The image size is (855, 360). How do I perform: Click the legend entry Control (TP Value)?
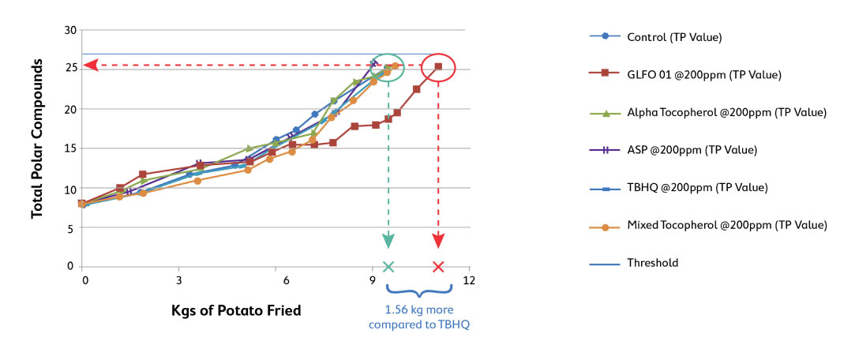pyautogui.click(x=674, y=36)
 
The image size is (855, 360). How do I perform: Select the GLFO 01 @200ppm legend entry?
pyautogui.click(x=703, y=74)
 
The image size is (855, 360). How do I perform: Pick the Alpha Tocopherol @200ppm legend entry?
pyautogui.click(x=726, y=112)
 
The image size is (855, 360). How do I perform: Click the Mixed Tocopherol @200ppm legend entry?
pyautogui.click(x=726, y=225)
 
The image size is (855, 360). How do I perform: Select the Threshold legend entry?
pyautogui.click(x=652, y=263)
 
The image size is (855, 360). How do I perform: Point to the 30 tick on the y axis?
pyautogui.click(x=70, y=31)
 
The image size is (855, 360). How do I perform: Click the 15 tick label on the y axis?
pyautogui.click(x=70, y=148)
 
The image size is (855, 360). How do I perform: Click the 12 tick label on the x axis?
pyautogui.click(x=469, y=279)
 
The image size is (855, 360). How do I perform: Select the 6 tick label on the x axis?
pyautogui.click(x=276, y=279)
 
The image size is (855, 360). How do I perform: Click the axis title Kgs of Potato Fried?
pyautogui.click(x=236, y=310)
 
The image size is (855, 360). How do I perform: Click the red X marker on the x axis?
pyautogui.click(x=439, y=267)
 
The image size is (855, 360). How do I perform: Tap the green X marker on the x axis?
pyautogui.click(x=388, y=267)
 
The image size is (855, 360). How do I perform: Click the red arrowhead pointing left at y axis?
pyautogui.click(x=91, y=66)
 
